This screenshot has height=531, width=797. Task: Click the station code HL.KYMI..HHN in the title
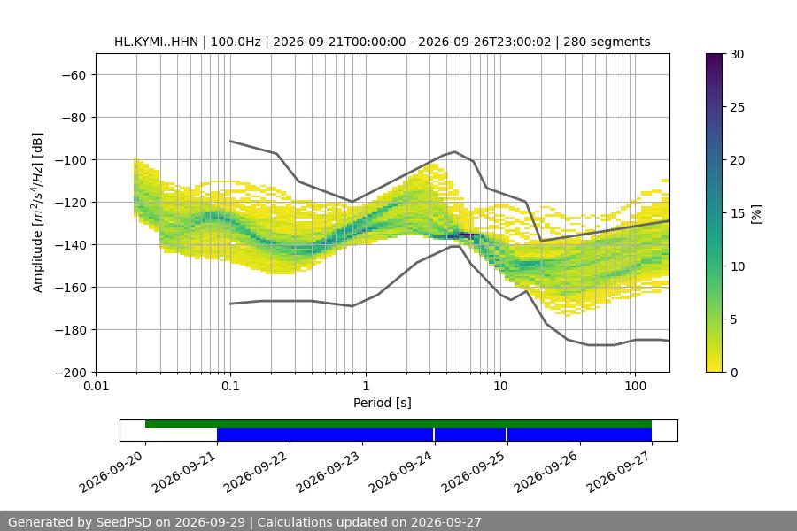pos(156,42)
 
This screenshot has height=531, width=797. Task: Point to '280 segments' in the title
pos(607,42)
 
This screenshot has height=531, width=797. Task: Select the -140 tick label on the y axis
pos(74,245)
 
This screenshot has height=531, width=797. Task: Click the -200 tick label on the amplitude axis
pos(74,373)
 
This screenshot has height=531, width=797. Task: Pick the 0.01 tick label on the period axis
pos(96,386)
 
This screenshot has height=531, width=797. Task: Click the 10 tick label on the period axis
pos(500,386)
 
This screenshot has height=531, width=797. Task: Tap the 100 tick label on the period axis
pos(635,386)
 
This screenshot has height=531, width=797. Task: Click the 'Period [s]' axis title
pos(383,403)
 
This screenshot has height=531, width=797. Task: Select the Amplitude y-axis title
pos(37,212)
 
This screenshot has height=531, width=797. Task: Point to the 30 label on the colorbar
pos(737,54)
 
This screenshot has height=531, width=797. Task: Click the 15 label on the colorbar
pos(737,213)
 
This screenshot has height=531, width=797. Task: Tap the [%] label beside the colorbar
pos(757,214)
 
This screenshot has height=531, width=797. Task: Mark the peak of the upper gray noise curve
pos(455,151)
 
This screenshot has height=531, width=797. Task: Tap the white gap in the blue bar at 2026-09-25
pos(507,435)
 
